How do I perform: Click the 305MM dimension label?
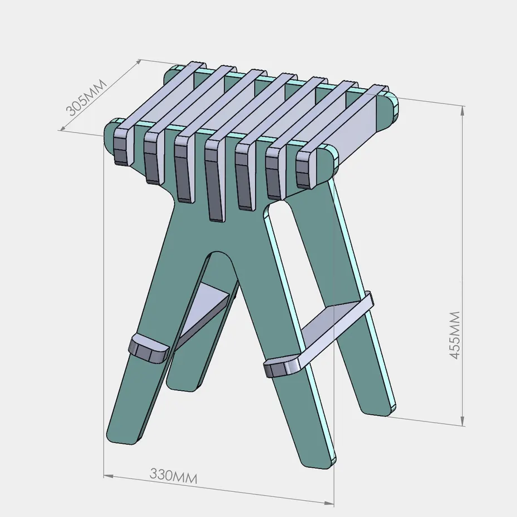click(87, 98)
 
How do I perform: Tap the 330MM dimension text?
click(174, 476)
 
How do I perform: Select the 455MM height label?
click(455, 336)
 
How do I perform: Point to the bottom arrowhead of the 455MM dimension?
click(463, 421)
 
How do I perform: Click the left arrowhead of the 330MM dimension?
click(109, 476)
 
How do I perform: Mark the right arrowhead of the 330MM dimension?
click(329, 503)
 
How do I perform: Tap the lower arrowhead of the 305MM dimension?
click(63, 127)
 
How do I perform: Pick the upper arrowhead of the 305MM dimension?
click(138, 63)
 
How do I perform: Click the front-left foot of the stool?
click(125, 434)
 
